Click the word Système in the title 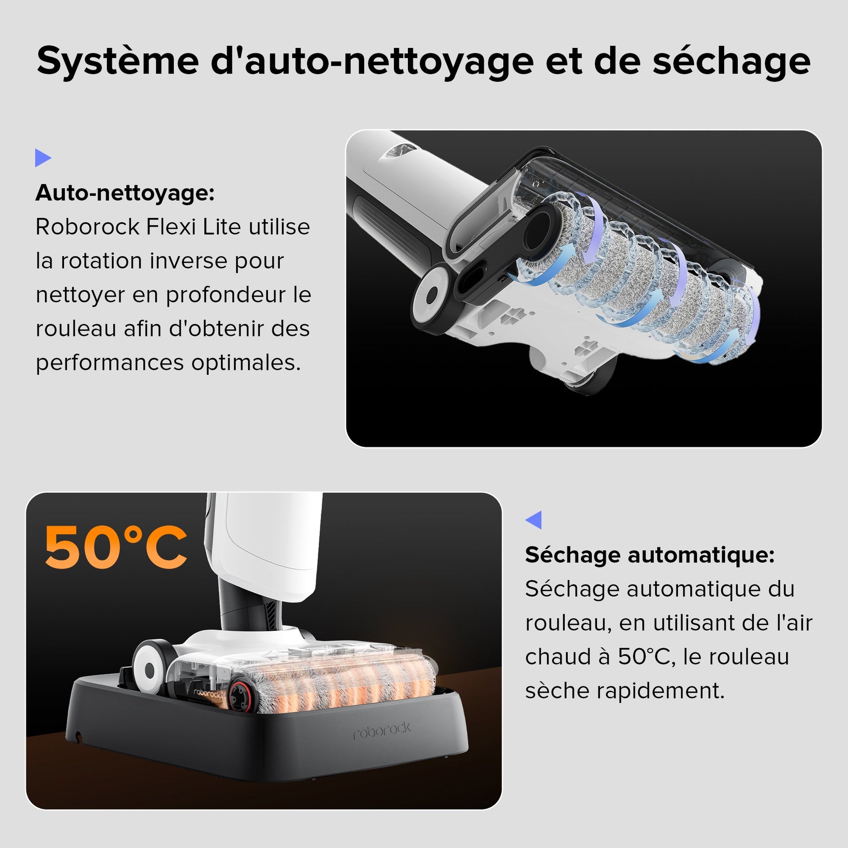(x=118, y=61)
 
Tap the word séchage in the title (x=731, y=61)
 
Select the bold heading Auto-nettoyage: (x=125, y=193)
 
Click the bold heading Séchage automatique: (x=650, y=555)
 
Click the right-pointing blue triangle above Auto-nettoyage (x=43, y=158)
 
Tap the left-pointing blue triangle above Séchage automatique (x=534, y=520)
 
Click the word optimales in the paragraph (x=246, y=363)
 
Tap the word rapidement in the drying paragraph (x=660, y=690)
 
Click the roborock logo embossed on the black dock (x=382, y=731)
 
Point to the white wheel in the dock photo (x=149, y=670)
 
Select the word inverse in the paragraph (x=187, y=261)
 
